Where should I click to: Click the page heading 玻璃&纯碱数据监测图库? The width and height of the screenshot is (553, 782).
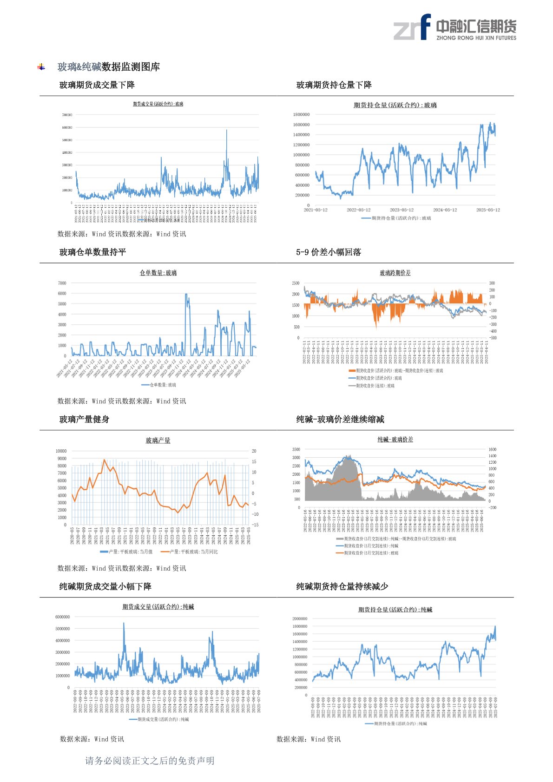point(108,67)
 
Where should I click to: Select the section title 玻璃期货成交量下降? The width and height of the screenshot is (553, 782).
point(97,85)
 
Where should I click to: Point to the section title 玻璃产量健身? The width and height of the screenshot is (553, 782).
point(84,420)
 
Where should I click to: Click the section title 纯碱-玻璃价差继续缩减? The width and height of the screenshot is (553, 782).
point(340,420)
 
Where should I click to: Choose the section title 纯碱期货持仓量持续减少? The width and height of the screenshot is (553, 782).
point(342,587)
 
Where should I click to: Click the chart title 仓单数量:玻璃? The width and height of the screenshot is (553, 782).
point(158,273)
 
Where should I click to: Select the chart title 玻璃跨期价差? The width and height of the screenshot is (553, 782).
point(395,273)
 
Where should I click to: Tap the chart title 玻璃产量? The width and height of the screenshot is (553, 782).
point(158,440)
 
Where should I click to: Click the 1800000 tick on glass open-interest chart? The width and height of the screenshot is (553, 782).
point(301,114)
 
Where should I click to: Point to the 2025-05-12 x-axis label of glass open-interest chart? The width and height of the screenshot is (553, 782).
point(488,210)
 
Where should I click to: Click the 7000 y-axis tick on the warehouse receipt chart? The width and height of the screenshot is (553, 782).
point(62,283)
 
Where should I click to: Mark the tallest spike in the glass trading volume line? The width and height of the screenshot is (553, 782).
point(227,131)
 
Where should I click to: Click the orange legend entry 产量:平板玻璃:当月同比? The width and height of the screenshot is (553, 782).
point(189,552)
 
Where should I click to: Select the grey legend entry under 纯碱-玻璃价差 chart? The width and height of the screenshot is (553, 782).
point(395,539)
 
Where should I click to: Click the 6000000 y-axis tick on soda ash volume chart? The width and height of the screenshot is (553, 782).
point(62,617)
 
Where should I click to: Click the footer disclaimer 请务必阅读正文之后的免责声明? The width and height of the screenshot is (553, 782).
point(150,761)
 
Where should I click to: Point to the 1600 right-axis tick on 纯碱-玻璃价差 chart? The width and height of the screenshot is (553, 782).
point(492,449)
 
